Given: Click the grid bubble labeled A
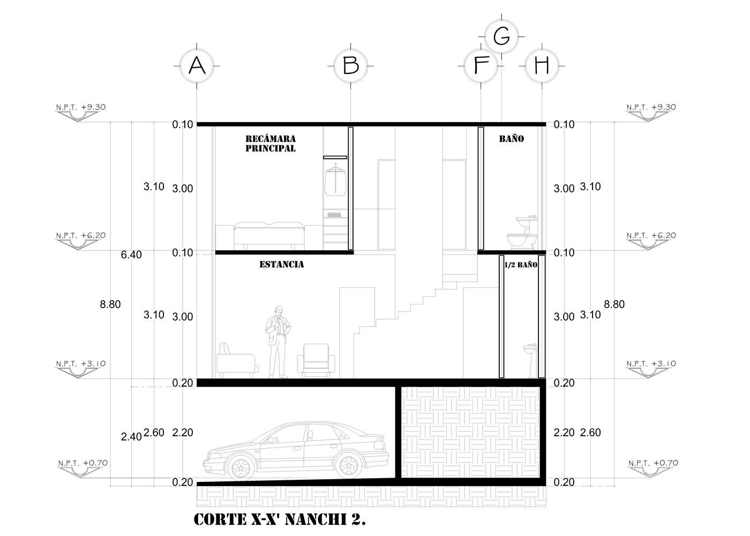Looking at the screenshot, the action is [x=197, y=65].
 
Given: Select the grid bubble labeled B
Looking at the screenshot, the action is [x=350, y=65].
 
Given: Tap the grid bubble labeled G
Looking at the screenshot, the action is [x=501, y=36].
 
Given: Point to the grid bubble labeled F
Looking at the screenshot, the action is [x=481, y=65].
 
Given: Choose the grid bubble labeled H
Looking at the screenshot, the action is [x=542, y=65].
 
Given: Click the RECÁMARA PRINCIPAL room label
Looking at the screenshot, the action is [x=271, y=144].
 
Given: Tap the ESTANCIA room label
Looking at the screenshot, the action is [x=282, y=264].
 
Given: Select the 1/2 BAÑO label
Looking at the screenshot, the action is [x=521, y=265].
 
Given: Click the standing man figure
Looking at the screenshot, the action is [x=278, y=342].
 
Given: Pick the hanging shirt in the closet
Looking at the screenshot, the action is [x=335, y=180].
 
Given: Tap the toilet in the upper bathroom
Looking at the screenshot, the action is [x=522, y=234].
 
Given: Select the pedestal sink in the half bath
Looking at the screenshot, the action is [x=531, y=360].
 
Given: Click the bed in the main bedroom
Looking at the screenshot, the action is [x=269, y=236].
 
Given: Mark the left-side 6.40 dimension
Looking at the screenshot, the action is [x=131, y=255].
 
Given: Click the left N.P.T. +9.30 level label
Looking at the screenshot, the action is [x=81, y=107].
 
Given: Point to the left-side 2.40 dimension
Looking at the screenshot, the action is [x=131, y=437].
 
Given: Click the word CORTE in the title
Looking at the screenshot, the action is [x=220, y=519].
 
